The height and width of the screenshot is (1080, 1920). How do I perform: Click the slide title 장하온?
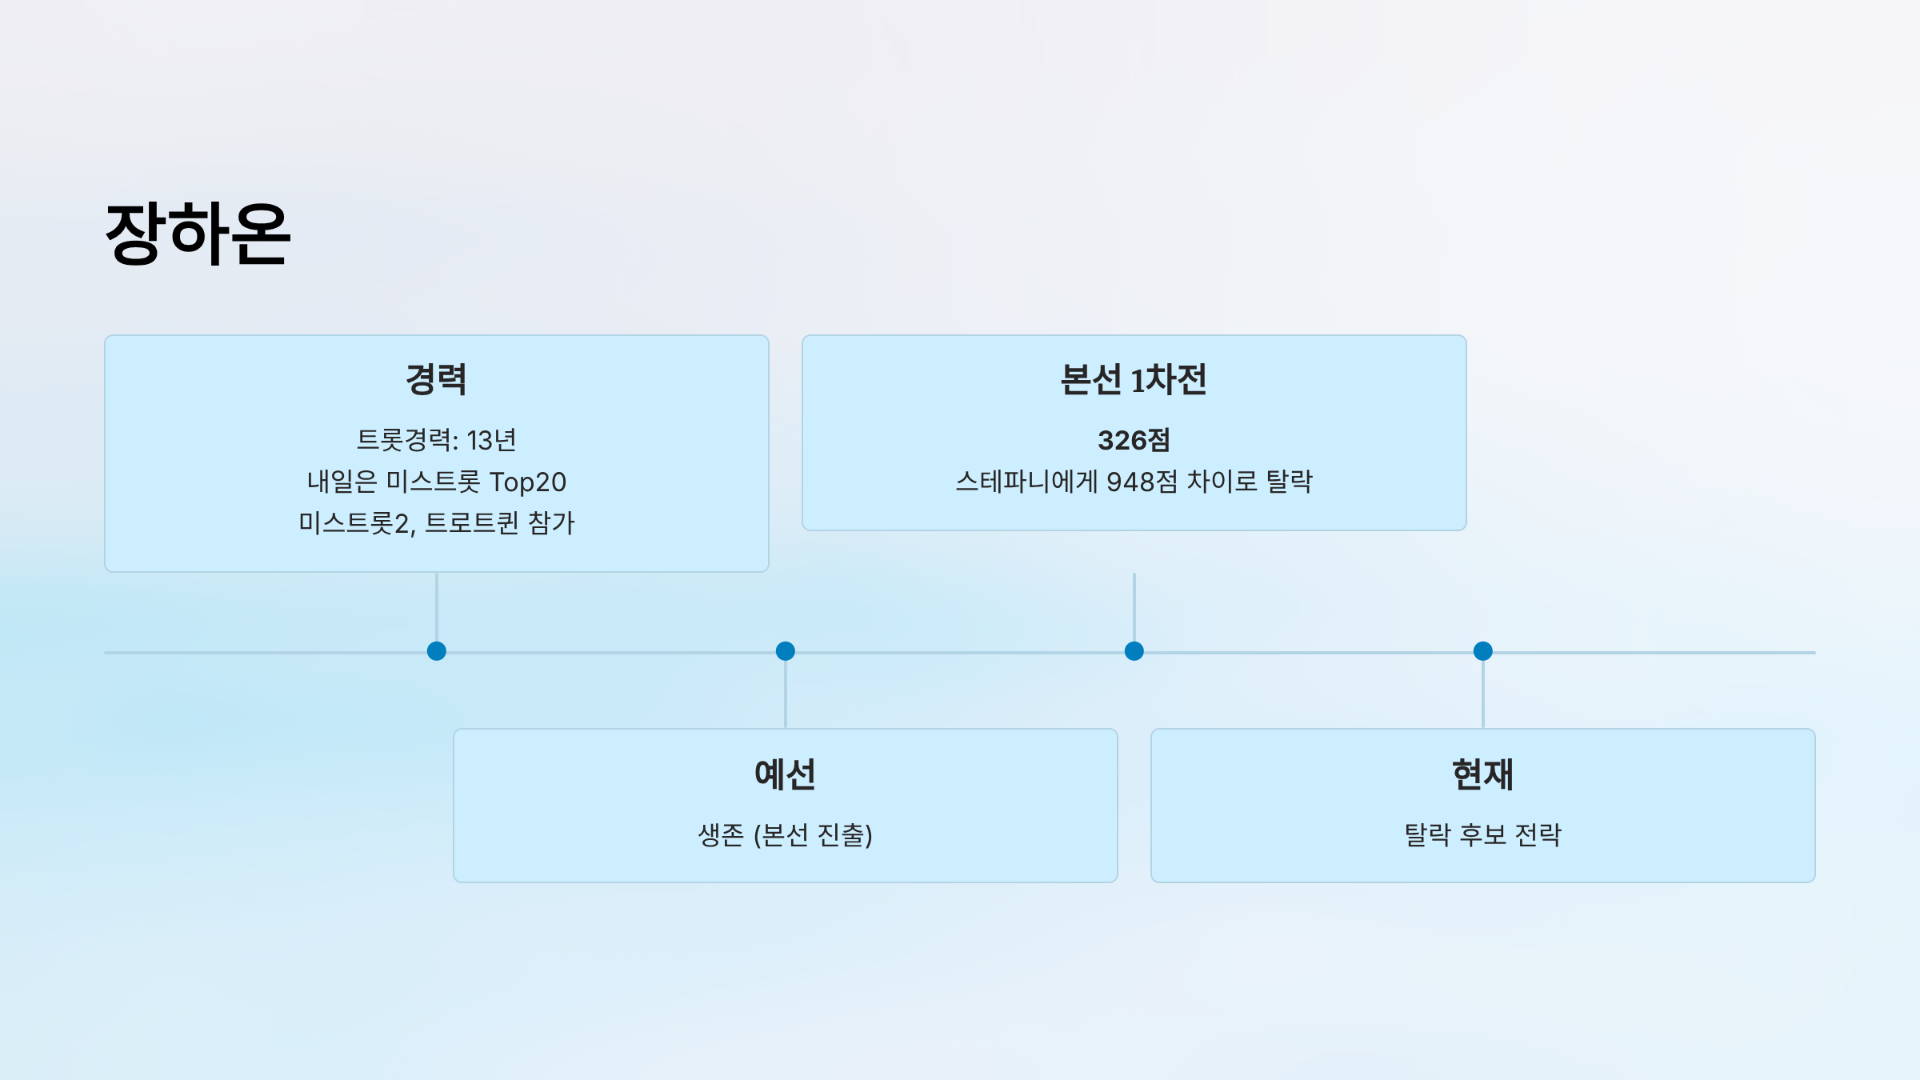tap(198, 234)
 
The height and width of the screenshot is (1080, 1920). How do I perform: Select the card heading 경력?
tap(436, 379)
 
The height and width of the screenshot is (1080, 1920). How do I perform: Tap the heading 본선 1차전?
tap(1134, 379)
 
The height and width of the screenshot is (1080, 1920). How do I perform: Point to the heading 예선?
tap(785, 774)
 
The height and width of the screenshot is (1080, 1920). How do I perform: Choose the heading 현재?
tap(1482, 774)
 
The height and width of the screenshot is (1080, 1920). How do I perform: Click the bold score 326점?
tap(1134, 440)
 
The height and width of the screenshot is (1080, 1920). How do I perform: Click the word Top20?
tap(527, 482)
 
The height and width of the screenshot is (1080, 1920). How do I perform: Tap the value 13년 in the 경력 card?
tap(491, 440)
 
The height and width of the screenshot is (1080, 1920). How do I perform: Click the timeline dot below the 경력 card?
tap(437, 651)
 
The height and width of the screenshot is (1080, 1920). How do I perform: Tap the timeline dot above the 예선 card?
tap(786, 651)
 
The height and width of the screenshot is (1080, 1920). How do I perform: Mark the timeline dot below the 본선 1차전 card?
tap(1134, 651)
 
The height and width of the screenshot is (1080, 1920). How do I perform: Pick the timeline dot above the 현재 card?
tap(1483, 651)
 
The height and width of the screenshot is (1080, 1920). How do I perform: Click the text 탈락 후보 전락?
tap(1482, 835)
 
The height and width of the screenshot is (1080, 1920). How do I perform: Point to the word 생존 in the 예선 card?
tap(721, 835)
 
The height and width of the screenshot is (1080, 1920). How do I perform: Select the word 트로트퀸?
tap(472, 523)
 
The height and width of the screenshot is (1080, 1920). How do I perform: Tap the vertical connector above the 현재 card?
tap(1483, 694)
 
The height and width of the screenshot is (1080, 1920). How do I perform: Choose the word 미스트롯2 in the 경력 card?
tap(356, 523)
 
